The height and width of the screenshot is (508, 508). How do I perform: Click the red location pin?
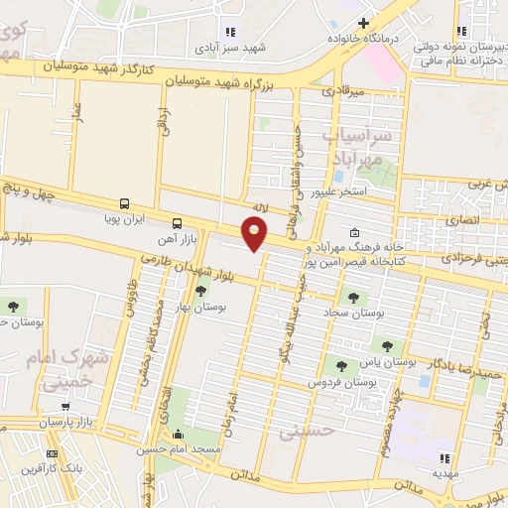pos(255,233)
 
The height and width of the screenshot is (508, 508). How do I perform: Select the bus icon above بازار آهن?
pos(177,223)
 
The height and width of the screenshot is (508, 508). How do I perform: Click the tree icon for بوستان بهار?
pos(201,291)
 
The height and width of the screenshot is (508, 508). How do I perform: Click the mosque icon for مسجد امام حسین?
pos(178,435)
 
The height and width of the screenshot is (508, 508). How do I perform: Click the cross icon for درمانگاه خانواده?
pos(363,23)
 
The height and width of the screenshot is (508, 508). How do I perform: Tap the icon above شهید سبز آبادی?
pos(231,31)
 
